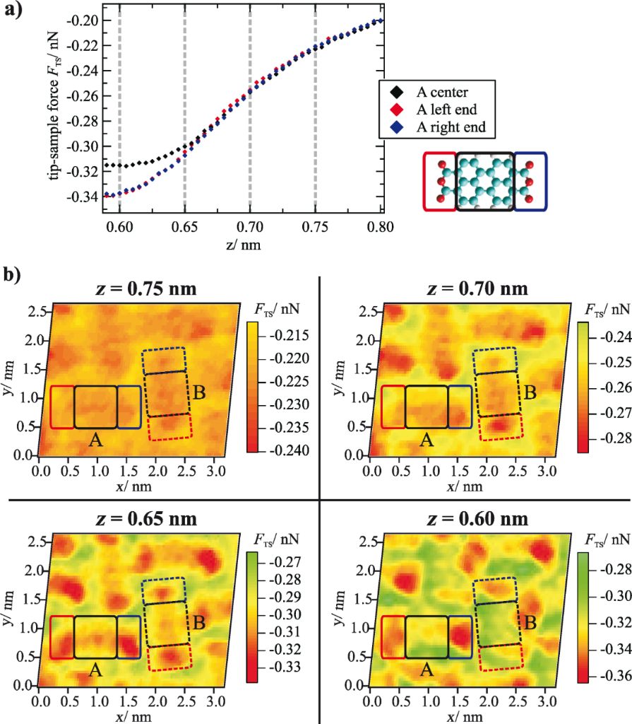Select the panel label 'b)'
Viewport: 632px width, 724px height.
14,274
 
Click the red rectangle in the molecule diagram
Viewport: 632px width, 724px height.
439,180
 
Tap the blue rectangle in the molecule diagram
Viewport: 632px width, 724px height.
530,180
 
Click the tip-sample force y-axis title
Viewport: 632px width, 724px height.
55,106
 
